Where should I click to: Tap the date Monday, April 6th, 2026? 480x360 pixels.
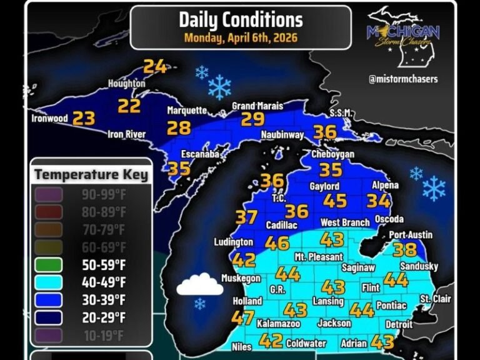(x=241, y=37)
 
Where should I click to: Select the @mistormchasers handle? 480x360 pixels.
(x=403, y=79)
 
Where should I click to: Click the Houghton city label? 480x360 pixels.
(x=126, y=83)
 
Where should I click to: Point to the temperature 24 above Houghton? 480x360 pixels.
(x=155, y=66)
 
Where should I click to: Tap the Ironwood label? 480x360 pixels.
(x=49, y=118)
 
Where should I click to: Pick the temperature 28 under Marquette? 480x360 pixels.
(x=179, y=128)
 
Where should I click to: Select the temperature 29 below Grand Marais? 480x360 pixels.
(x=252, y=119)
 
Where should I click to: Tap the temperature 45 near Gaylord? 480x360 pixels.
(x=335, y=201)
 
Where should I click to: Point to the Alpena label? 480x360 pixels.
(x=384, y=186)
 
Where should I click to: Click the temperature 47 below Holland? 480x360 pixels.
(x=242, y=317)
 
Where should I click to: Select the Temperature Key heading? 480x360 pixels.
(x=91, y=174)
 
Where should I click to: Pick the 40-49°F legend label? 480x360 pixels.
(x=104, y=282)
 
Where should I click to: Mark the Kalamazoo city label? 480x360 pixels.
(x=278, y=324)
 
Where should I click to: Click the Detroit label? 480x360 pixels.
(x=399, y=324)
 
